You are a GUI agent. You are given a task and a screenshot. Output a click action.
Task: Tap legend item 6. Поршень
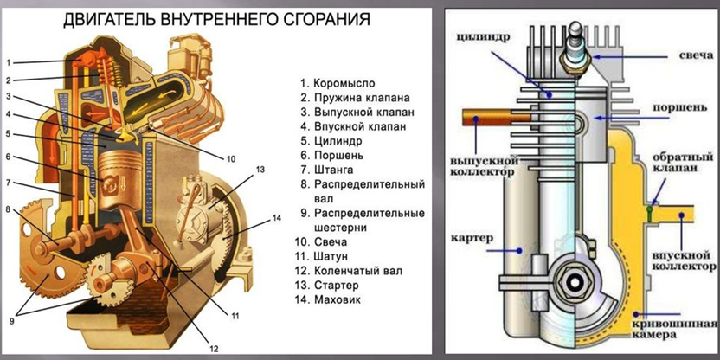pos(333,155)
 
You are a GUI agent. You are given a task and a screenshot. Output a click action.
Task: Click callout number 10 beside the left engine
pos(231,158)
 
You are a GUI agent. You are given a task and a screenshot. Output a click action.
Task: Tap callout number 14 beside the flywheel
pos(276,217)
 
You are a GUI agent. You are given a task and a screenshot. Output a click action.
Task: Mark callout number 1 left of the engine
pos(8,62)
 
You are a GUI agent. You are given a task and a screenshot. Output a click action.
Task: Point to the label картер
pos(471,235)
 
